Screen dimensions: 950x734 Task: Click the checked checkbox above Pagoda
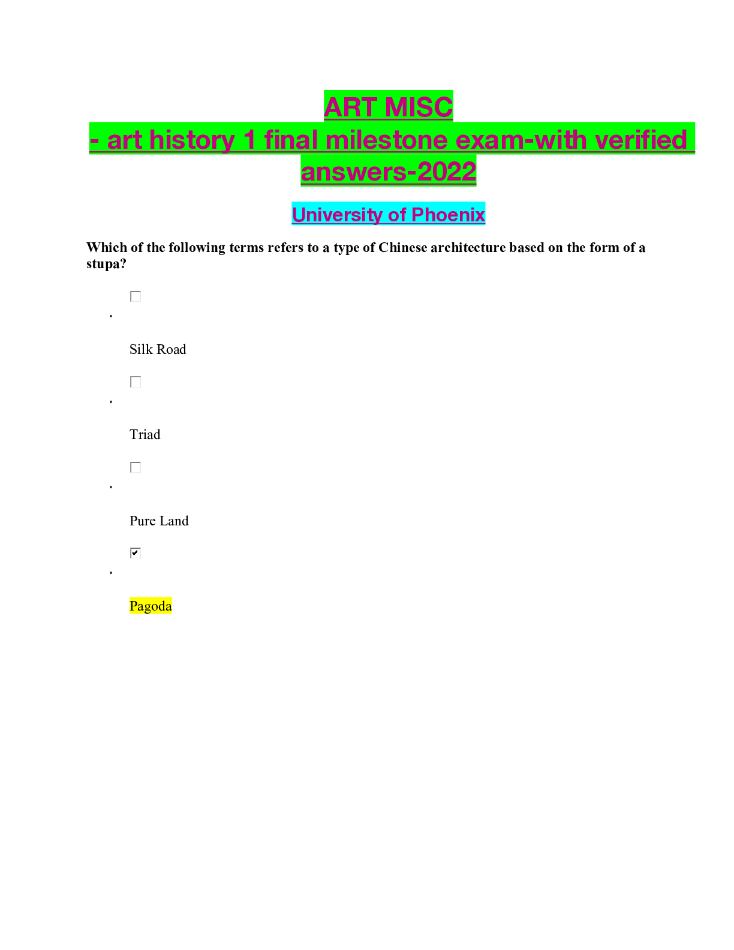click(136, 553)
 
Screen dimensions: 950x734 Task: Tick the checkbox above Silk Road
click(136, 296)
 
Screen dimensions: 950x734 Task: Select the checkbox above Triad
click(136, 382)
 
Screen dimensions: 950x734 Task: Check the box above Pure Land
click(136, 467)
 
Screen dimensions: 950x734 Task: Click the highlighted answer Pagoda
click(151, 606)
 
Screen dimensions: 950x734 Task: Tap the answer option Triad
click(145, 434)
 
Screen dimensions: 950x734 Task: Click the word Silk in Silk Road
click(142, 349)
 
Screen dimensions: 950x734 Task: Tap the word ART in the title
click(350, 107)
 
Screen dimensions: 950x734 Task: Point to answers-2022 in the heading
click(389, 172)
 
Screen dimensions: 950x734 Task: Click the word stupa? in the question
click(106, 264)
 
